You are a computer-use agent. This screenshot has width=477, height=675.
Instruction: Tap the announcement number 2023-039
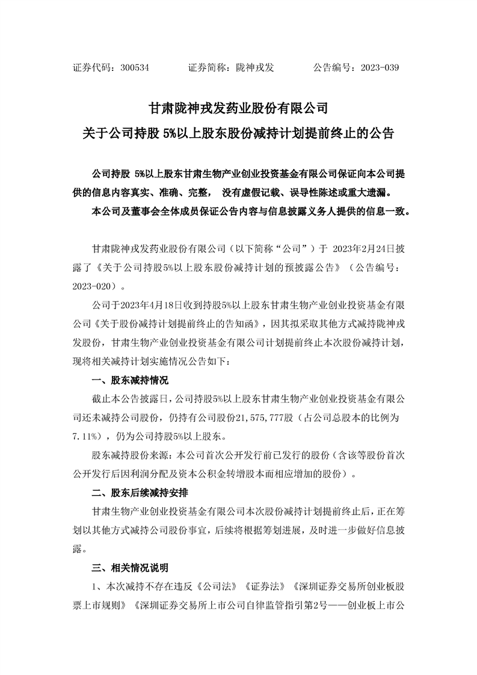tap(380, 68)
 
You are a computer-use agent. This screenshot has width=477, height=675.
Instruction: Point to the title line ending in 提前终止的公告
tap(238, 133)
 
